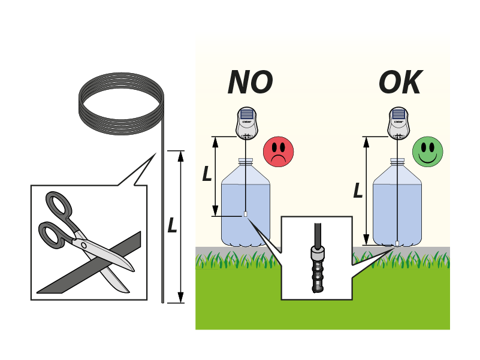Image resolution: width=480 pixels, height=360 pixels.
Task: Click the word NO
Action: (x=250, y=83)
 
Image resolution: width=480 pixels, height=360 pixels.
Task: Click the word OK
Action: (x=400, y=83)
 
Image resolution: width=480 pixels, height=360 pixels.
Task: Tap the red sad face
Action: (x=278, y=151)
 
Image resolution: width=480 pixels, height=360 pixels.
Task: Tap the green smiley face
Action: (x=427, y=151)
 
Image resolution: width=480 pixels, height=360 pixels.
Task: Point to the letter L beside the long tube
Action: (x=172, y=225)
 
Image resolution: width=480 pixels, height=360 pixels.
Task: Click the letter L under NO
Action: (x=207, y=174)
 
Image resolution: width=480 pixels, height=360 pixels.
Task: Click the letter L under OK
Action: (x=358, y=190)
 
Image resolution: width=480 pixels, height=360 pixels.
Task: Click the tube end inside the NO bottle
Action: (x=246, y=214)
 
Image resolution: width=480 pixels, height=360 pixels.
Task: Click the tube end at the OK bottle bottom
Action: (x=397, y=243)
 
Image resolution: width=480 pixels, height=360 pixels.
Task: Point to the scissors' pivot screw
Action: (x=83, y=244)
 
